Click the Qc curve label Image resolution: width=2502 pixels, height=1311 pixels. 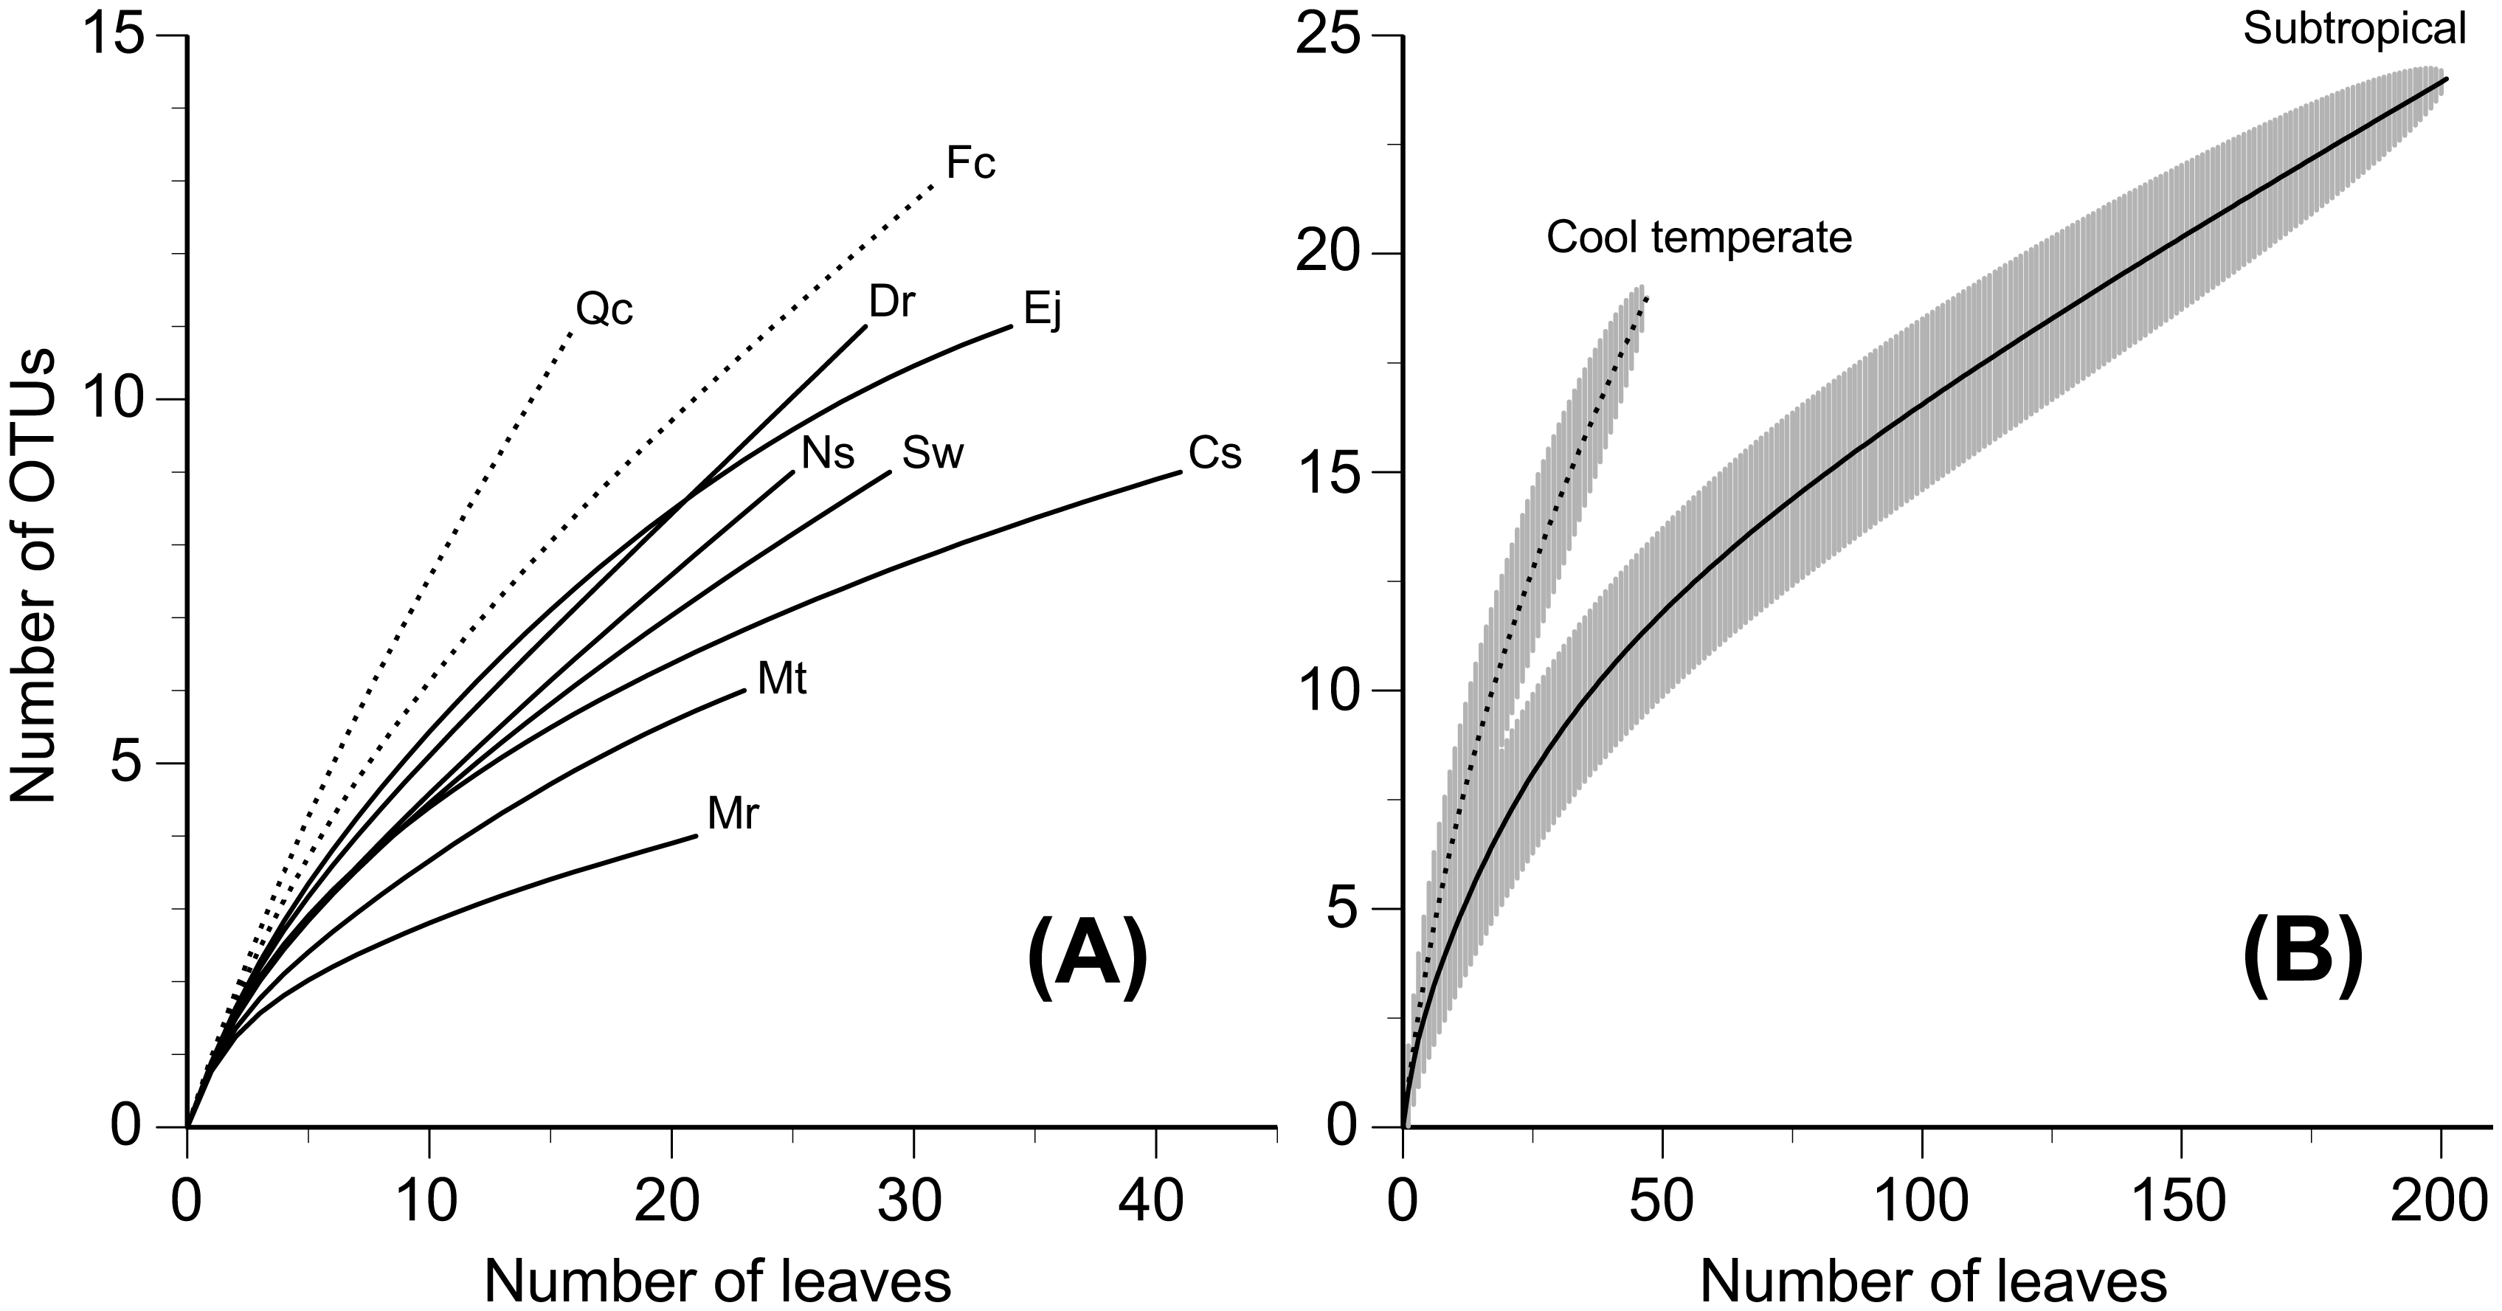[x=604, y=310]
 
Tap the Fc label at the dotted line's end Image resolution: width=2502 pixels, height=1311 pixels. [x=970, y=164]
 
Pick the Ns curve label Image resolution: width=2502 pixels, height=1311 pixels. [x=828, y=452]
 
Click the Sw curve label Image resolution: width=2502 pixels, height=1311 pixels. [x=933, y=452]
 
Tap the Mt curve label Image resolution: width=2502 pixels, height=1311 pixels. [x=782, y=679]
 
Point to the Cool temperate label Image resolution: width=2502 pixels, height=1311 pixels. [x=1698, y=238]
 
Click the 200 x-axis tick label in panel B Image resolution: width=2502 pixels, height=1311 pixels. [x=2441, y=1203]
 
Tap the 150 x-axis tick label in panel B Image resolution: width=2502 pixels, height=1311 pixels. [x=2182, y=1203]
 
